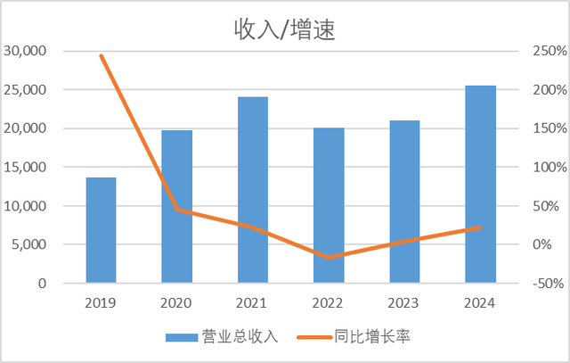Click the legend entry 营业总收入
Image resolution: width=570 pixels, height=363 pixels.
click(x=223, y=336)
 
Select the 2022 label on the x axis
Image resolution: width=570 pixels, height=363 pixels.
click(x=329, y=301)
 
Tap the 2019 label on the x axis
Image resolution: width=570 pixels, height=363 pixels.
click(x=101, y=301)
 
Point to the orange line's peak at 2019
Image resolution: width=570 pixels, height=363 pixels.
click(x=101, y=55)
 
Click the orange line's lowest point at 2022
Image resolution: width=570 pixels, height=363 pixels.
click(x=329, y=258)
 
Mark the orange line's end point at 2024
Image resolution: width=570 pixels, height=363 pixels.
click(x=480, y=227)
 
